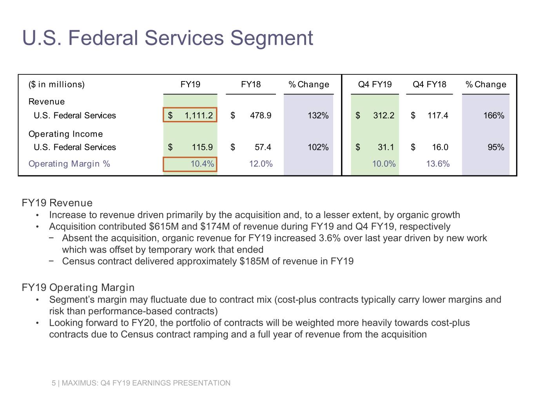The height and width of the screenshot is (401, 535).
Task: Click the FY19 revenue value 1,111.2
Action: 198,116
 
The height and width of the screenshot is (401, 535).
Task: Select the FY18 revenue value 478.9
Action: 260,116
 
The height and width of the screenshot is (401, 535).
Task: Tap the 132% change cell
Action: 318,116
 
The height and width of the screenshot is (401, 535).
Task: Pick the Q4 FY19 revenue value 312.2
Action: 383,116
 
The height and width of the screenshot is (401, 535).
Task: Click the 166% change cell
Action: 493,116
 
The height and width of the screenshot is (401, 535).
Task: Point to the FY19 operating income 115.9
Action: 202,147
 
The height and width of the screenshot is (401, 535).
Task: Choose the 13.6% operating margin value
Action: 437,164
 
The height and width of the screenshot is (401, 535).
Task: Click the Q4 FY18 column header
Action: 429,85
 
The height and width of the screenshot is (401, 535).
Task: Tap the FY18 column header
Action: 250,85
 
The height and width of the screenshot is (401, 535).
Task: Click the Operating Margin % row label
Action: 69,164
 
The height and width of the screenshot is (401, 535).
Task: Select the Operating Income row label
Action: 65,134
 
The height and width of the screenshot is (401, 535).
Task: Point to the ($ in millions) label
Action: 56,85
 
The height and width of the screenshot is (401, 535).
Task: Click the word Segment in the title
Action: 271,38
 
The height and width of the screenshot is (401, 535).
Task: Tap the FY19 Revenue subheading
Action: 57,203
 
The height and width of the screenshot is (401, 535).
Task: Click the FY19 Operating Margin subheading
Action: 78,287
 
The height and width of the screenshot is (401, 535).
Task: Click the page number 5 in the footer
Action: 54,383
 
